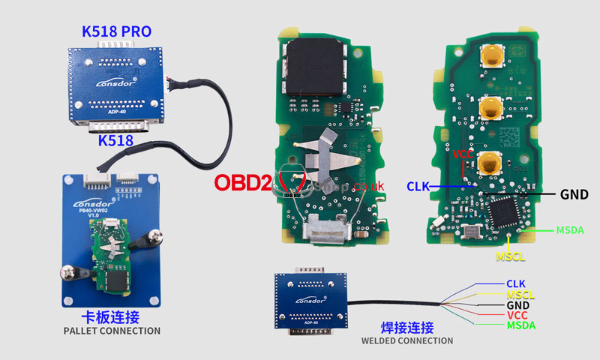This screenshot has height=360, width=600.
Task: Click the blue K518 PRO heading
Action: click(x=115, y=32)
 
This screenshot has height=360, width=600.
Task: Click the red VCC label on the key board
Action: click(x=463, y=154)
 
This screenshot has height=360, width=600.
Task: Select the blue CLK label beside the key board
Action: click(x=418, y=185)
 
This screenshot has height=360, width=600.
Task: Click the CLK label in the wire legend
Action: click(x=516, y=283)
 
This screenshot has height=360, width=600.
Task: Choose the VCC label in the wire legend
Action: click(x=517, y=316)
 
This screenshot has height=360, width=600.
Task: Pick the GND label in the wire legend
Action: click(x=517, y=305)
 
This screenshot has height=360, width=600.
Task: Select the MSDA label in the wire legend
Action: click(x=520, y=325)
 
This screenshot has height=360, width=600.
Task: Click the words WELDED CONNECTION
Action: click(x=407, y=341)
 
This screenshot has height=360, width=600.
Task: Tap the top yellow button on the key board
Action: click(x=492, y=55)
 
